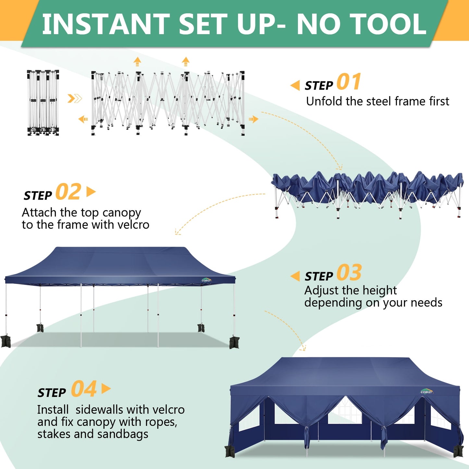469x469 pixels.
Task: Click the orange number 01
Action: (349, 82)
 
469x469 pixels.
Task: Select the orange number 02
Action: (68, 192)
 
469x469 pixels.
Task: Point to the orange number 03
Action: (349, 273)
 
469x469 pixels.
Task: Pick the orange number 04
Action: (84, 389)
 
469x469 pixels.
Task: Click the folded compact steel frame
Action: (43, 102)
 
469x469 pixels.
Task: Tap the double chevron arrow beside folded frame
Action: (74, 98)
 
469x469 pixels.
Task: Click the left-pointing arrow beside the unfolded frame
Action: (83, 119)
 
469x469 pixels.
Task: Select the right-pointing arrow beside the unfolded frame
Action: (253, 119)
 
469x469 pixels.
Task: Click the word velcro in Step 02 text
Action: (133, 225)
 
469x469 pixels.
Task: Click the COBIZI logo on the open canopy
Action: (206, 280)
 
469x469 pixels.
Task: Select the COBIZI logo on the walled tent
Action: (426, 391)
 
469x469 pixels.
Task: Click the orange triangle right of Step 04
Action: (106, 389)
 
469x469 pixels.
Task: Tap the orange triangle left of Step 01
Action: (295, 86)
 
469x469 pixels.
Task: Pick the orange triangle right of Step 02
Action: (91, 192)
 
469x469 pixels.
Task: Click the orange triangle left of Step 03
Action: (295, 276)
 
